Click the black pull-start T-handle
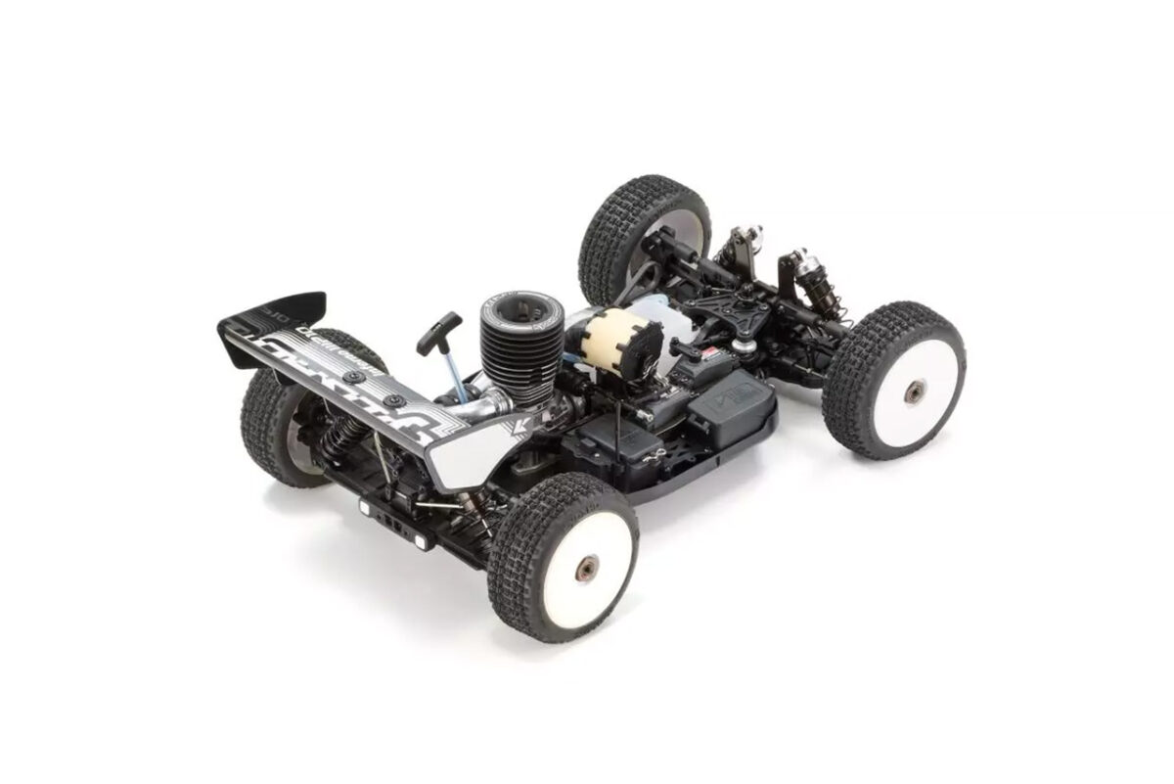click(x=437, y=332)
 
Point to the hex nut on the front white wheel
click(x=914, y=392)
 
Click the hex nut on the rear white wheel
click(x=587, y=568)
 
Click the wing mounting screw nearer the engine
click(x=393, y=401)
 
